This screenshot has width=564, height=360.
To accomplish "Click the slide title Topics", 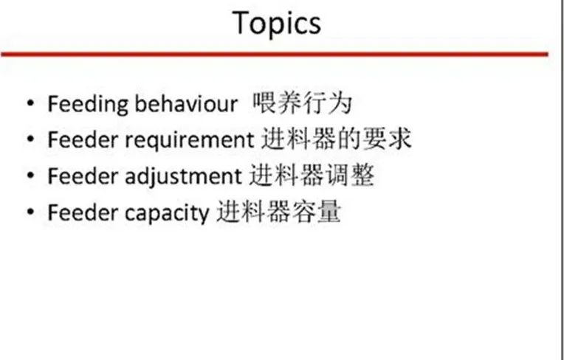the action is pos(277,24).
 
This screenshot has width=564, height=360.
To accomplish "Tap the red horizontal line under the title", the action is pos(275,55).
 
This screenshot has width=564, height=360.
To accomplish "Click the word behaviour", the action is pos(186,104).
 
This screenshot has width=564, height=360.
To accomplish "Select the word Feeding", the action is pos(88,105).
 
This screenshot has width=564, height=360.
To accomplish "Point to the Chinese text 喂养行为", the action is pos(302,103).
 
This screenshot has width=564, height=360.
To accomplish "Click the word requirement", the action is pos(189,140).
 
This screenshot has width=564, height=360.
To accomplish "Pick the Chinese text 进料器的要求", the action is pos(336,139).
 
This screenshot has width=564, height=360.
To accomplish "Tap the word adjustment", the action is pos(183,176).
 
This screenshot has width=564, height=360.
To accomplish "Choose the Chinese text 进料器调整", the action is pos(312,176).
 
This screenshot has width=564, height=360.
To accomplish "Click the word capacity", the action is pos(167,213).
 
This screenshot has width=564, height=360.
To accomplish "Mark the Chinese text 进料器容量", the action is pos(278,212).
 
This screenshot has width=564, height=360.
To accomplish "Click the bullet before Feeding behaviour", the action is pos(30,103).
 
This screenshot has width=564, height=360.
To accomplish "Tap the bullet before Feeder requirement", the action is pos(30,139).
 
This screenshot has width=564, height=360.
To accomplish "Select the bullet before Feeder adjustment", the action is pos(30,176).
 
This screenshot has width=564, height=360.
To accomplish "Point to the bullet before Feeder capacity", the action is pos(30,212).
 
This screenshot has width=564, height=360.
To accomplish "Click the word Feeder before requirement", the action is pos(83,139).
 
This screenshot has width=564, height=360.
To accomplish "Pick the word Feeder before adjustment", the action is pos(83,176).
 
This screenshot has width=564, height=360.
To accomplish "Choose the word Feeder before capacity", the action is pos(83,212).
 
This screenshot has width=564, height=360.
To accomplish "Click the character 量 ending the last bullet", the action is pos(329,212).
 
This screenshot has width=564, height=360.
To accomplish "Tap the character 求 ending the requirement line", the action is pos(399,139).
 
